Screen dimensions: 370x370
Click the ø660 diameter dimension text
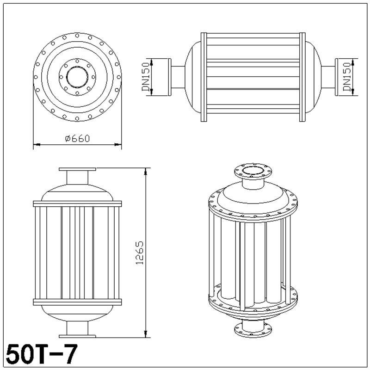(x=77, y=138)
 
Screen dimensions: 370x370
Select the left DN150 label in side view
(x=146, y=77)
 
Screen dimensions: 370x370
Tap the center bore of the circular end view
(x=77, y=76)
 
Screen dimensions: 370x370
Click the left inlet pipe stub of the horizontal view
(x=178, y=77)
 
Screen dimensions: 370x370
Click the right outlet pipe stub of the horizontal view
(x=328, y=77)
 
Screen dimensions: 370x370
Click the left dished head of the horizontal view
(x=193, y=77)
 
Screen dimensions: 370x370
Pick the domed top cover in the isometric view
(x=253, y=199)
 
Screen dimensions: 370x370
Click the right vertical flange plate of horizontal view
(x=302, y=77)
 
